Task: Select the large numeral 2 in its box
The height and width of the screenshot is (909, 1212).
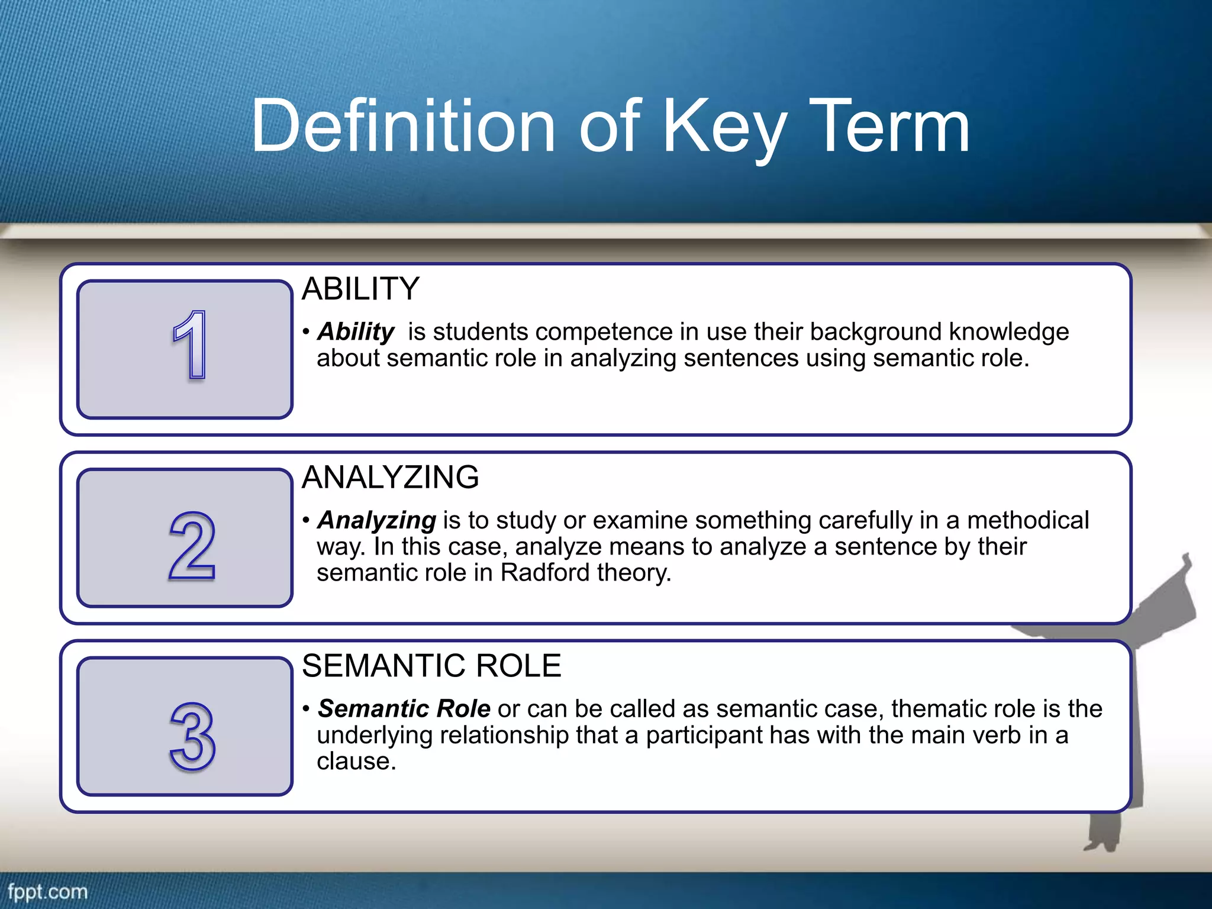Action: click(x=192, y=546)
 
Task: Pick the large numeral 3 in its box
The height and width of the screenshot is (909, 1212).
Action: click(x=192, y=736)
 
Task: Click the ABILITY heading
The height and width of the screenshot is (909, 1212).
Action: click(x=360, y=289)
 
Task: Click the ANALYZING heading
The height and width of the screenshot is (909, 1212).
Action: click(x=390, y=477)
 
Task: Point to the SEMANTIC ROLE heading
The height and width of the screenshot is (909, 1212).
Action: click(x=431, y=666)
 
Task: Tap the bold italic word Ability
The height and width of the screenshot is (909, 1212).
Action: click(x=356, y=332)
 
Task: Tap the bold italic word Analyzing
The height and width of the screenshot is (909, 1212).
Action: click(x=377, y=520)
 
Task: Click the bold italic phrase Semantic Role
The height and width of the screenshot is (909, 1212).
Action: click(x=404, y=708)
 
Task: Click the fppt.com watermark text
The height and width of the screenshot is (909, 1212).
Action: click(x=48, y=892)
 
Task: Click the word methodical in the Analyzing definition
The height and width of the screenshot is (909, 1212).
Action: click(x=1028, y=520)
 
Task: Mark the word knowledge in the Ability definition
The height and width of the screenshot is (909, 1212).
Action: click(x=1009, y=332)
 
